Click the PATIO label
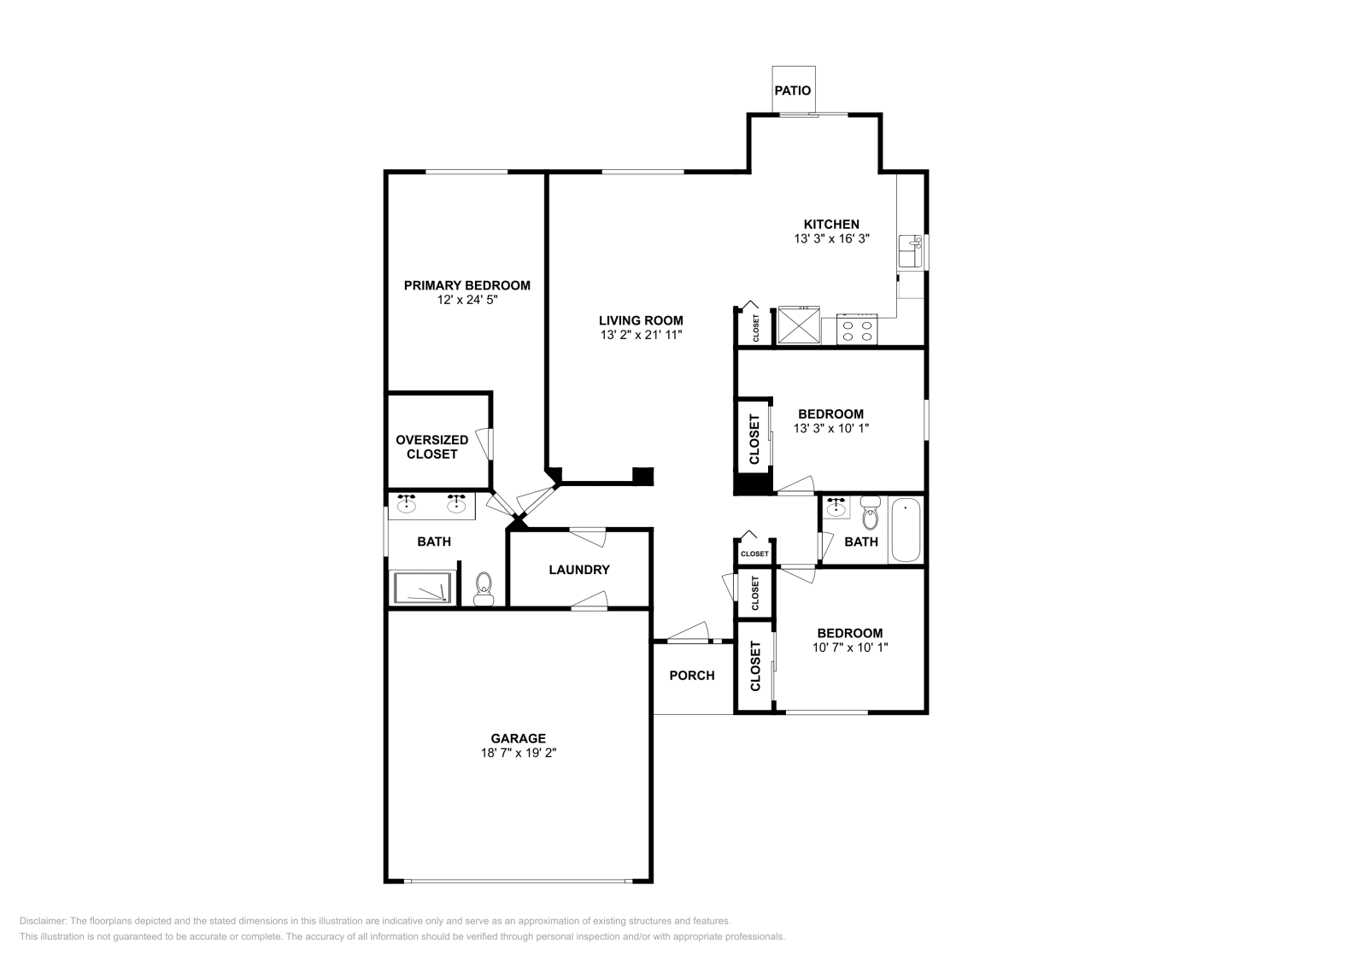[x=793, y=91]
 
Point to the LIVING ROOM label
[x=641, y=321]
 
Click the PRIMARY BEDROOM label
[x=466, y=285]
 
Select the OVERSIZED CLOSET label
[x=431, y=447]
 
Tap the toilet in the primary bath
[x=484, y=589]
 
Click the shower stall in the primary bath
[x=421, y=588]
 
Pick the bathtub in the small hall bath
[x=905, y=530]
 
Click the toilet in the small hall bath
[x=871, y=514]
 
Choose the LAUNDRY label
[x=579, y=570]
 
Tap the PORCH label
[x=691, y=676]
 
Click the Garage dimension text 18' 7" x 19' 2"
[x=519, y=753]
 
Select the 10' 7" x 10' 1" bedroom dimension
[x=849, y=648]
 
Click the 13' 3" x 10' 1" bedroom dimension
[x=830, y=428]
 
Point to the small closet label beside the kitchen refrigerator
[x=756, y=328]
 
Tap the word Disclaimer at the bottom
[x=42, y=921]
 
